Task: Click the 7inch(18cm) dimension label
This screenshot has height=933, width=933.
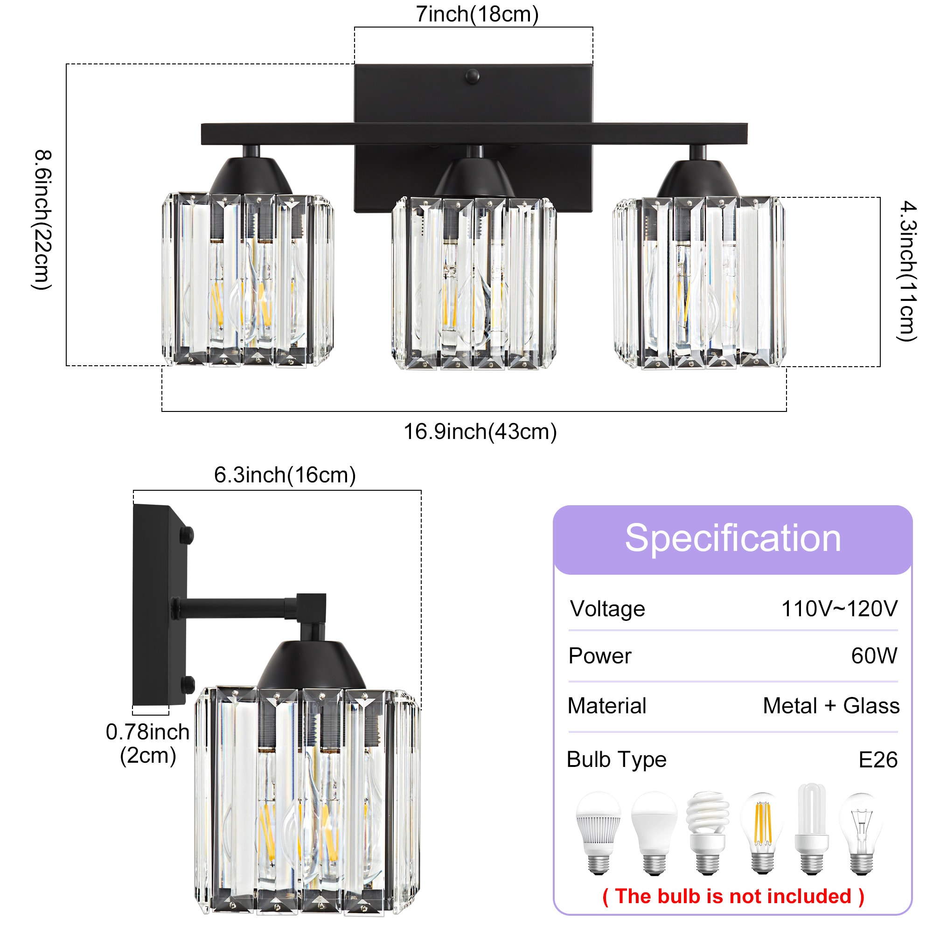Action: pyautogui.click(x=477, y=14)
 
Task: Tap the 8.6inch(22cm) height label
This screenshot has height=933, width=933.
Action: pyautogui.click(x=42, y=220)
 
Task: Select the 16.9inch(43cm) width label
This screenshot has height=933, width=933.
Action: pyautogui.click(x=480, y=432)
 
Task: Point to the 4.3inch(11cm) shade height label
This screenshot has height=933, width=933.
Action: pyautogui.click(x=907, y=272)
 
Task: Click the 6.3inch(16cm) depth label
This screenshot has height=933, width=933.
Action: pyautogui.click(x=285, y=475)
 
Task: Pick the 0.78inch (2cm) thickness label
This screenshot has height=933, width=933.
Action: pyautogui.click(x=148, y=744)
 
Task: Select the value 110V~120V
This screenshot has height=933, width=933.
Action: pyautogui.click(x=839, y=608)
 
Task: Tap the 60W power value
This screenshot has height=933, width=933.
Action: pyautogui.click(x=874, y=655)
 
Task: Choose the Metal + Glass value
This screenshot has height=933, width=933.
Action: pyautogui.click(x=831, y=705)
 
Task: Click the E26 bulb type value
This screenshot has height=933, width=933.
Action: pyautogui.click(x=878, y=759)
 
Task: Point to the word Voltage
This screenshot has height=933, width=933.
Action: pyautogui.click(x=607, y=608)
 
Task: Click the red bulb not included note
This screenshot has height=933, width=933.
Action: pyautogui.click(x=733, y=896)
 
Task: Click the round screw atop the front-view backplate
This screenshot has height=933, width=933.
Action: pyautogui.click(x=472, y=76)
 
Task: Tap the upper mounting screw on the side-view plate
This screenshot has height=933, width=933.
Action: pyautogui.click(x=187, y=535)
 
